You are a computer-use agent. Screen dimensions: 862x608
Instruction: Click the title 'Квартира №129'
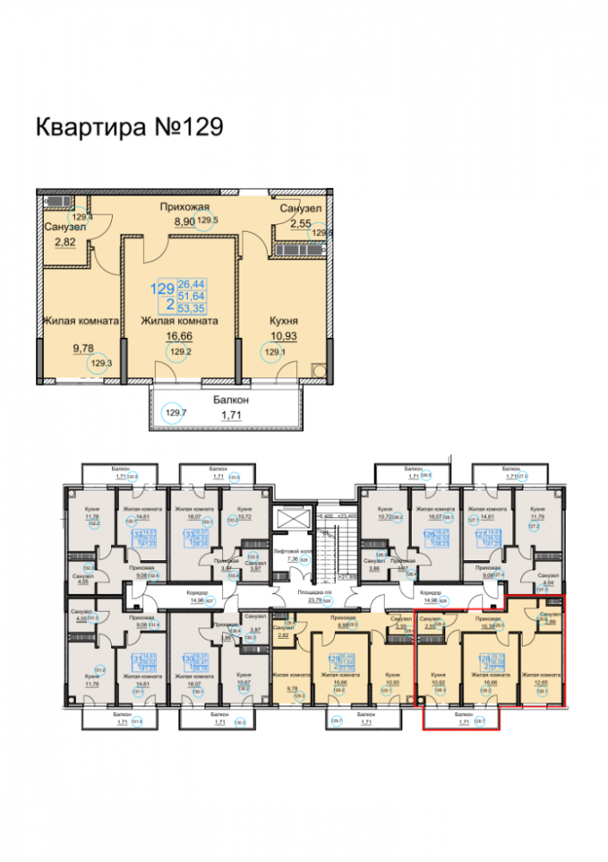[129, 128]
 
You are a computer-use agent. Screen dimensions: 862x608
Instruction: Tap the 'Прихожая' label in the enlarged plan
[185, 208]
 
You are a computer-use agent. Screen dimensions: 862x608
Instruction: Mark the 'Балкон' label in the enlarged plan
[231, 400]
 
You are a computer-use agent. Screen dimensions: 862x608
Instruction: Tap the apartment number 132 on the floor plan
[136, 534]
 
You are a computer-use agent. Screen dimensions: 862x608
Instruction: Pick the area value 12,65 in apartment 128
[541, 683]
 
